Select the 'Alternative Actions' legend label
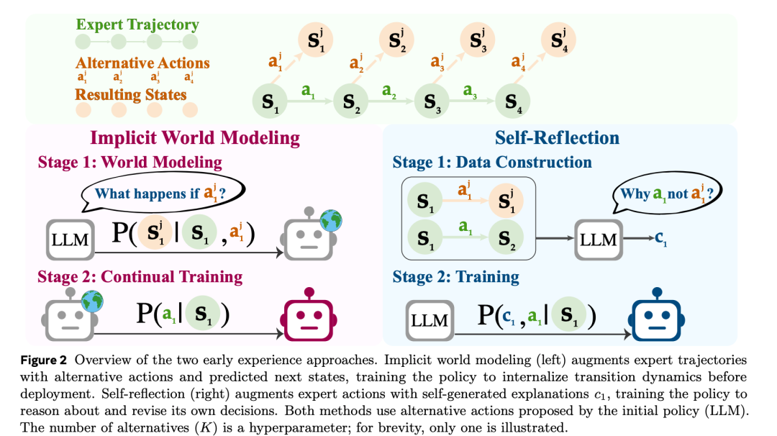[142, 63]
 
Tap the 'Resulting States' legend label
[131, 94]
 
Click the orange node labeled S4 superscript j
[558, 38]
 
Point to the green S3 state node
[432, 100]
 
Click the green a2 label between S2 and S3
[389, 91]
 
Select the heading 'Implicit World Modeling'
[194, 137]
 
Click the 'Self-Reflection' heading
[557, 137]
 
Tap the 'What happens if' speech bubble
[165, 192]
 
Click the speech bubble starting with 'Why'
[666, 194]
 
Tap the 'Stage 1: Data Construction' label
[492, 163]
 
